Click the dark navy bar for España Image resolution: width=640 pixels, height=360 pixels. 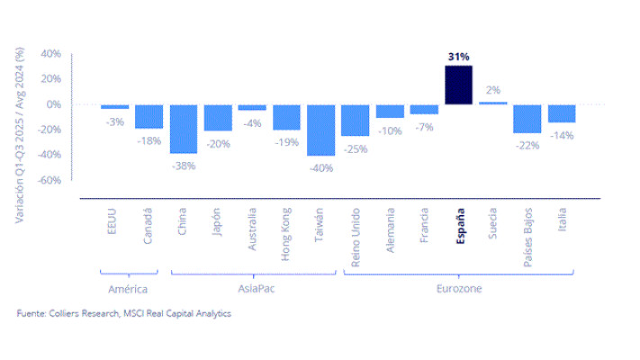tap(458, 85)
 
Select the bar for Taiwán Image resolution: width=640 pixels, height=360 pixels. tap(320, 130)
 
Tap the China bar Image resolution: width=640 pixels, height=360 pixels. tap(184, 129)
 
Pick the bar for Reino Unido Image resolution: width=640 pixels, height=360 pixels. tap(355, 121)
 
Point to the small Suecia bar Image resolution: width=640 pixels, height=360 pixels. tap(493, 103)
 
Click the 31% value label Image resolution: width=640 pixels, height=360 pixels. tap(459, 57)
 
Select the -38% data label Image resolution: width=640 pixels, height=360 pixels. tap(184, 166)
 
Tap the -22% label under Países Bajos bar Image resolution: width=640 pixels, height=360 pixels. tap(527, 145)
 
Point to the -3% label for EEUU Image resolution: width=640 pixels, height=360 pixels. tap(114, 122)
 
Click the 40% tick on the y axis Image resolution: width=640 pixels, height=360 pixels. tap(51, 53)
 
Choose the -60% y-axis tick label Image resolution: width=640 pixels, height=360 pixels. tap(50, 180)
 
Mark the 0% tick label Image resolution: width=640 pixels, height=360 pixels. tap(53, 104)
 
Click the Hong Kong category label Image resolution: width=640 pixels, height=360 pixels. tap(285, 234)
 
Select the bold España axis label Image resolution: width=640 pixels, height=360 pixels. tap(460, 226)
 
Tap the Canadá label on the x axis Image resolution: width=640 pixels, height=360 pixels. tap(148, 226)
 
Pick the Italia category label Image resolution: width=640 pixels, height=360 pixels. tap(562, 220)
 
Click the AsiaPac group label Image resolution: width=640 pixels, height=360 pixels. tap(257, 289)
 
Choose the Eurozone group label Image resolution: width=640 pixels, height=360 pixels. tap(459, 289)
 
